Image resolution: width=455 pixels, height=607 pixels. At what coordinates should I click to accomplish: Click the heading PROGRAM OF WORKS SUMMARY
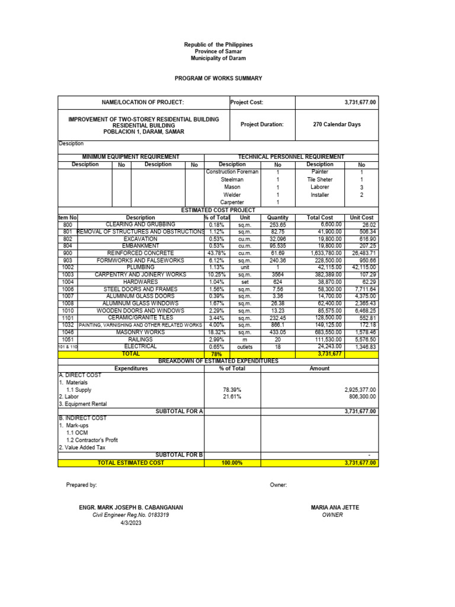218,78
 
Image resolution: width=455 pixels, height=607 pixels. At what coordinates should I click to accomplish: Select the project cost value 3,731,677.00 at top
360,103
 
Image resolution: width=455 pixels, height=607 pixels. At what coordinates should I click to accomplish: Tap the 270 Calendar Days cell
337,124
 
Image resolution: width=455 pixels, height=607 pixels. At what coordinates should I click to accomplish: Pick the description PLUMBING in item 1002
140,267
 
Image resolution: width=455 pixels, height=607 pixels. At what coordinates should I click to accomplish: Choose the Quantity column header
277,218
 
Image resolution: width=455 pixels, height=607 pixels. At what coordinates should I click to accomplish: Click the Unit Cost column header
362,218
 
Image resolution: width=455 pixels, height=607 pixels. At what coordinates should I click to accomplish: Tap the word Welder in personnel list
232,194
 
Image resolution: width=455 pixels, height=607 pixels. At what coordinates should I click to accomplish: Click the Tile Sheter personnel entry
319,180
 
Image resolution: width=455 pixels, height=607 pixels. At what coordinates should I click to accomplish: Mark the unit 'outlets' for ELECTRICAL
245,347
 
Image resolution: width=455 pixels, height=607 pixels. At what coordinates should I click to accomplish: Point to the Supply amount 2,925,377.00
360,389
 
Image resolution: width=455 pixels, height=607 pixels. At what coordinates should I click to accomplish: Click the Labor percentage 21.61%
232,397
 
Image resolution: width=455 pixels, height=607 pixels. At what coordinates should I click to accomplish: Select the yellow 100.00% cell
232,463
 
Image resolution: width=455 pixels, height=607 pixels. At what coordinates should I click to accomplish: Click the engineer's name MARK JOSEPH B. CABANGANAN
131,507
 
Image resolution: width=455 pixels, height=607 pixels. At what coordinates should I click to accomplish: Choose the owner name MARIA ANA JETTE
332,507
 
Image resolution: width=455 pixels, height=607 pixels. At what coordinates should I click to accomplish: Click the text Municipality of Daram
218,59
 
